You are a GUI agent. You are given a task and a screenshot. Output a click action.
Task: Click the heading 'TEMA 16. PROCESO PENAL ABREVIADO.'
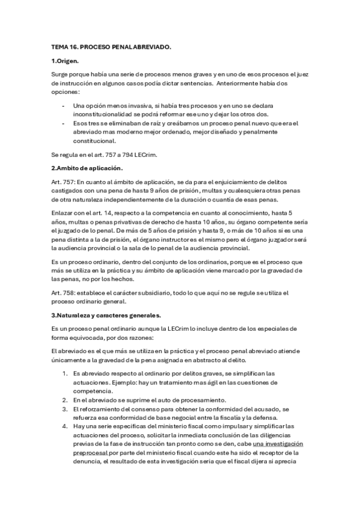click(111, 46)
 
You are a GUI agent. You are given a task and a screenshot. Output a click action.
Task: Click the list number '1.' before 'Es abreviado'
click(66, 373)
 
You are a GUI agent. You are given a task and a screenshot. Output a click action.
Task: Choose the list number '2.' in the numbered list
click(66, 399)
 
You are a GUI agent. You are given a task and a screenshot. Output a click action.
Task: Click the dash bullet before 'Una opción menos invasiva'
click(64, 105)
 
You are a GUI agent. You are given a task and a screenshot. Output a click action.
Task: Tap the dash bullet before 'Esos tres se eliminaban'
click(64, 123)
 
